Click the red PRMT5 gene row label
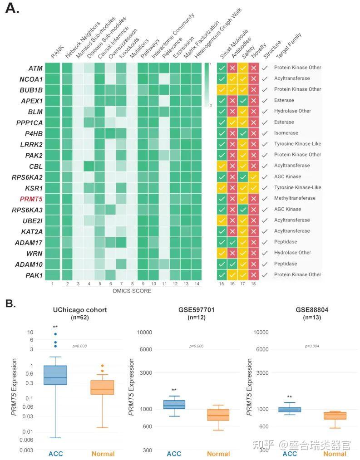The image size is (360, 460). coord(31,198)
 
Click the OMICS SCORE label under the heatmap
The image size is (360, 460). coord(132,291)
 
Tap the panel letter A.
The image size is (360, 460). coord(12,9)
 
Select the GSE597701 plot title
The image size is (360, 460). coord(196,309)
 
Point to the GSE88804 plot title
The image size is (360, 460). coord(312,309)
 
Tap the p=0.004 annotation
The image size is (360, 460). coord(312,346)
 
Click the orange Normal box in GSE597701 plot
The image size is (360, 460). coord(218,415)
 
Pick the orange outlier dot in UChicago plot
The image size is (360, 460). coord(103,366)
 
